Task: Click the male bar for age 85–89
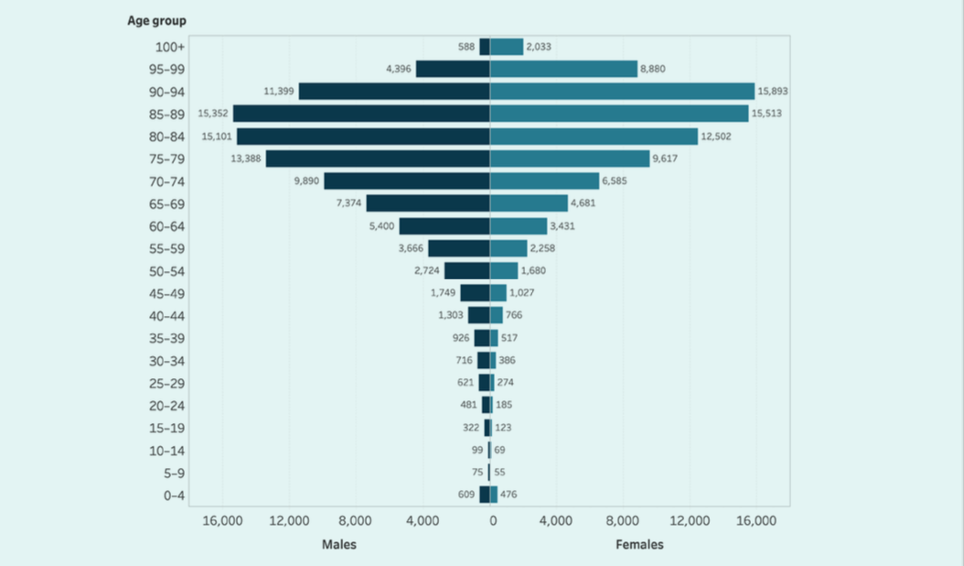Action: coord(361,114)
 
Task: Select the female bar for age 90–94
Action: coord(622,92)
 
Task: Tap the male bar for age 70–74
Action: coord(407,181)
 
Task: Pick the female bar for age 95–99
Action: coord(563,69)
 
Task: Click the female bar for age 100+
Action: coord(507,47)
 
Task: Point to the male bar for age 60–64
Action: coord(445,226)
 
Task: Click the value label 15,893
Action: coord(772,92)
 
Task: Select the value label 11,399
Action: coord(278,92)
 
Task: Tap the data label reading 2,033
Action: coord(539,47)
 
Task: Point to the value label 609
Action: coord(466,495)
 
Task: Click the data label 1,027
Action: coord(521,293)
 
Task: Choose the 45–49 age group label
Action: coord(166,293)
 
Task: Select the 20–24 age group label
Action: coord(166,406)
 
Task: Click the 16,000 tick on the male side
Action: coord(222,521)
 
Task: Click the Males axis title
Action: coord(339,544)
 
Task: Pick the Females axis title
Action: coord(639,544)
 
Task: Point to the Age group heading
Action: coord(158,21)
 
